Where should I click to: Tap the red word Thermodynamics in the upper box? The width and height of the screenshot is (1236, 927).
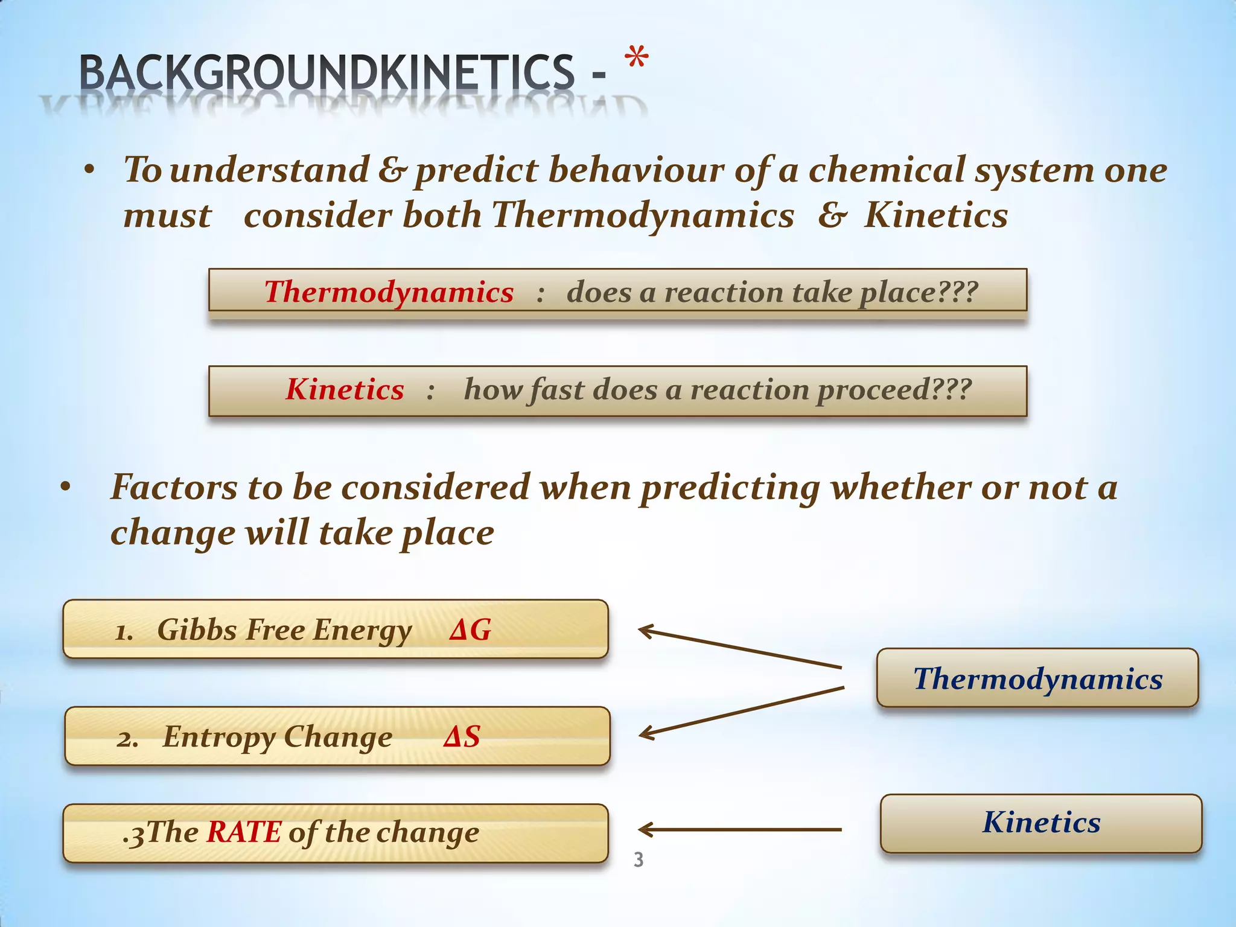coord(389,292)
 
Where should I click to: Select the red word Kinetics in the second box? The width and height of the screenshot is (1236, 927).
coord(345,389)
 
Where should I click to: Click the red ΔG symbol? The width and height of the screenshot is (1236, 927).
coord(470,630)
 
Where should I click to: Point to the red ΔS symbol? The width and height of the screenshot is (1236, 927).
coord(462,737)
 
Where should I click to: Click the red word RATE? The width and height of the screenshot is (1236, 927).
coord(244,832)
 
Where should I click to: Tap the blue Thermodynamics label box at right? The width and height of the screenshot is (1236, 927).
coord(1037,678)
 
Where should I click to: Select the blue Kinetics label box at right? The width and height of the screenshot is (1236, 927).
coord(1041,823)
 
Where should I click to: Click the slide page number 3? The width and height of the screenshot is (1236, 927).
coord(639,859)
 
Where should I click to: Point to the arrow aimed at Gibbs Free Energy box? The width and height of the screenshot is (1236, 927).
coord(739,648)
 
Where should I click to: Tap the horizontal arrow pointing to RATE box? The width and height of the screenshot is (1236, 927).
coord(739,830)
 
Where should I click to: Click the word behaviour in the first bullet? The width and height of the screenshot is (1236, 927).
coord(636,170)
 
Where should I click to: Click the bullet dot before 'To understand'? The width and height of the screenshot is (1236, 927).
coord(89,171)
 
